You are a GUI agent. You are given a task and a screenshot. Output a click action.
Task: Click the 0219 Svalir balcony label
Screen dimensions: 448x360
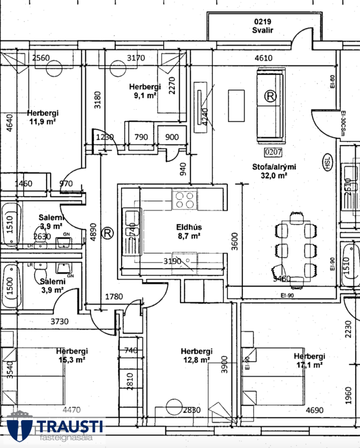click(x=263, y=26)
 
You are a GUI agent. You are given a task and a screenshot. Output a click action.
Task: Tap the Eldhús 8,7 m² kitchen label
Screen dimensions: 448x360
click(x=189, y=231)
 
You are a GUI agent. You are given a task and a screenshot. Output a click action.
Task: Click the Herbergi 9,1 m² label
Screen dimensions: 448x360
click(x=145, y=91)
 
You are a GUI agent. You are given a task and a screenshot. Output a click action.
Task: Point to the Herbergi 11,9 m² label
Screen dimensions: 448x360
click(x=43, y=117)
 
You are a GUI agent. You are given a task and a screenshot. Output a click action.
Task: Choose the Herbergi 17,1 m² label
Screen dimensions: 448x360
click(x=309, y=361)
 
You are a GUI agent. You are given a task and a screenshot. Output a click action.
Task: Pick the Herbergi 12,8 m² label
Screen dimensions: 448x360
click(x=196, y=355)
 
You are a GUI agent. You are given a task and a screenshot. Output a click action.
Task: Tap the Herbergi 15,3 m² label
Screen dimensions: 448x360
click(x=72, y=355)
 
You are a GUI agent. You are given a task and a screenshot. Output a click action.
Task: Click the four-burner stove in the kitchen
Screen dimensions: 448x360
click(x=185, y=200)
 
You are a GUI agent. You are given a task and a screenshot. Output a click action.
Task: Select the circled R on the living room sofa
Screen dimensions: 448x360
click(x=270, y=96)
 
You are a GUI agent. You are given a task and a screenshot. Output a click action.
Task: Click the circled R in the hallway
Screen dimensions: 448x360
click(x=108, y=233)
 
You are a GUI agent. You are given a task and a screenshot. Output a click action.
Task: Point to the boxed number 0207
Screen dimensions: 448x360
click(x=273, y=152)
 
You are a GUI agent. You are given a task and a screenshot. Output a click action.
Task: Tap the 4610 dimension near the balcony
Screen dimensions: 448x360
click(x=263, y=58)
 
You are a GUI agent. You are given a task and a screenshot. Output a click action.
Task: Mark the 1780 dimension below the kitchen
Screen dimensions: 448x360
click(x=114, y=297)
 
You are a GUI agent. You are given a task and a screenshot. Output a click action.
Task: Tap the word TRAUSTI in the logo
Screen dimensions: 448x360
click(x=70, y=426)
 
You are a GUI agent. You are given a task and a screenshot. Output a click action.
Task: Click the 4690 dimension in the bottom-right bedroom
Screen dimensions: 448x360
click(x=314, y=410)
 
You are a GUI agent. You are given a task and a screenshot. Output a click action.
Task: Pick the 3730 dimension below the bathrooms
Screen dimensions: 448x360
click(x=60, y=321)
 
